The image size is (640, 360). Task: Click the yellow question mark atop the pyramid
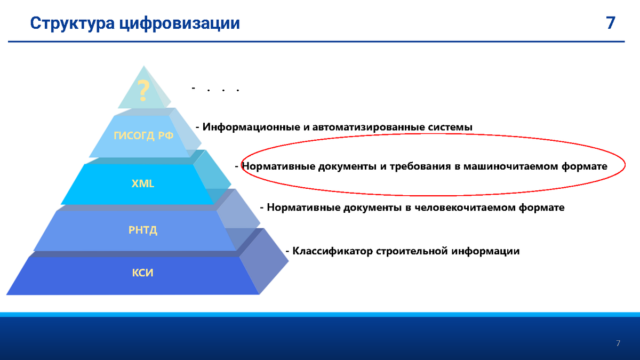(143, 91)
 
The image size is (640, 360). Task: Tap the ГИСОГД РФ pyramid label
(143, 135)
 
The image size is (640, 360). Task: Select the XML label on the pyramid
(143, 183)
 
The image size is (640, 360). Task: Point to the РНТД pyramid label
(143, 230)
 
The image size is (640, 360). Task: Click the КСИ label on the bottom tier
(142, 273)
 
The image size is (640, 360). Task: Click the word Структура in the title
(73, 23)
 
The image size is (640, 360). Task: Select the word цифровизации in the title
(179, 24)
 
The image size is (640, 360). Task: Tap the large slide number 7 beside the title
(610, 23)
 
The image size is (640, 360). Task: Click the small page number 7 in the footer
(618, 343)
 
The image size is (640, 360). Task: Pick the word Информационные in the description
(251, 127)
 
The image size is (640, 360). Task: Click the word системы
(450, 127)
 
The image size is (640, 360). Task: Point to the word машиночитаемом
(510, 166)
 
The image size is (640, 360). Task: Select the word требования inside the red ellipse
(420, 166)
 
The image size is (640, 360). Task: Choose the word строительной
(412, 251)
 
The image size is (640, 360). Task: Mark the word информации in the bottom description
(485, 251)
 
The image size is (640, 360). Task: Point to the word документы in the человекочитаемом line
(373, 207)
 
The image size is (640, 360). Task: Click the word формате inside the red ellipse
(585, 166)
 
